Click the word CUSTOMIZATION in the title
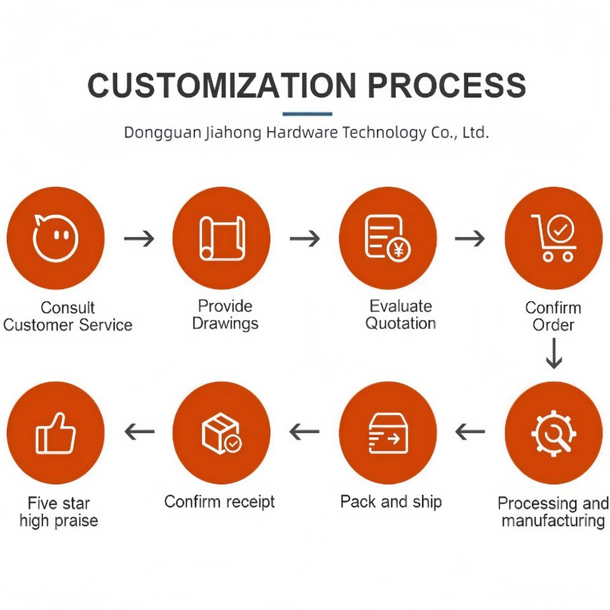coord(222,85)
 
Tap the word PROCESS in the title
coord(447,85)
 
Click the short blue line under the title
coord(308,114)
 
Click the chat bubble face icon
coord(56,238)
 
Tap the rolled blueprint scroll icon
coord(222,238)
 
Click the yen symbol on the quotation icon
coord(398,250)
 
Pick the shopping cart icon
coord(553,237)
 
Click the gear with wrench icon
coord(553,433)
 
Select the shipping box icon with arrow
coord(388,433)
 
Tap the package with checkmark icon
coord(221,433)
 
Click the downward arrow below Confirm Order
coord(553,353)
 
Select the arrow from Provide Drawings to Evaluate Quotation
coord(305,238)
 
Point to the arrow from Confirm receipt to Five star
coord(139,431)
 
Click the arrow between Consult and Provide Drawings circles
coord(139,238)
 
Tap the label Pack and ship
coord(391,502)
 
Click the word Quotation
coord(401,323)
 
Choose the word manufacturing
coord(553,520)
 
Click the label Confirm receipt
coord(219,502)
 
